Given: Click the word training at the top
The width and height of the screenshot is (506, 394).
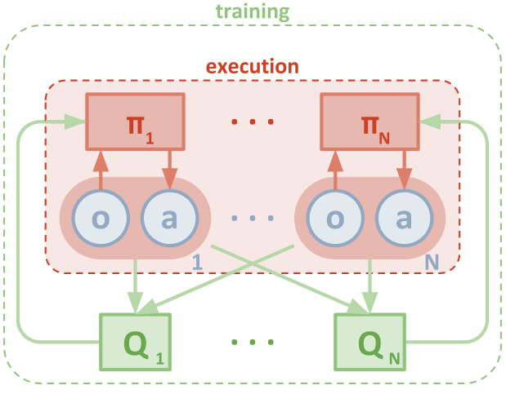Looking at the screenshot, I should pyautogui.click(x=253, y=12).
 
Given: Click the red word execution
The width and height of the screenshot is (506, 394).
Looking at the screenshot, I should pyautogui.click(x=252, y=66).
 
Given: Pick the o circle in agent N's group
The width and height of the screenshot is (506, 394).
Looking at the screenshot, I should pyautogui.click(x=334, y=219).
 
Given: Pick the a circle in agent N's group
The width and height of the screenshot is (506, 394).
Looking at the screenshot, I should pyautogui.click(x=404, y=219).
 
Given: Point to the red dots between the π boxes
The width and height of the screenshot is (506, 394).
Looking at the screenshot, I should pyautogui.click(x=252, y=123).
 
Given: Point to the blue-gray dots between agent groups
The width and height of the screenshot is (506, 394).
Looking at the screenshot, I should pyautogui.click(x=252, y=219).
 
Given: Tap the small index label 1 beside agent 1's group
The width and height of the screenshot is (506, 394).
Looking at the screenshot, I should pyautogui.click(x=196, y=262).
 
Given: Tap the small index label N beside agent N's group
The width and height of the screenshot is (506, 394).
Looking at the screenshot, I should pyautogui.click(x=432, y=262).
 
